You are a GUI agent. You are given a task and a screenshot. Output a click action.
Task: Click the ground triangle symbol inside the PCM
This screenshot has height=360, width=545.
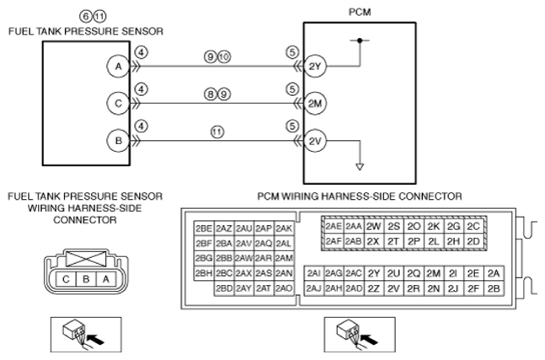coord(360,167)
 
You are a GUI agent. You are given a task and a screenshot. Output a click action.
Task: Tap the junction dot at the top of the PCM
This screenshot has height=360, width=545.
coord(360,40)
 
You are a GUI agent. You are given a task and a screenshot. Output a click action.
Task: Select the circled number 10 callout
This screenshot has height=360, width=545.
coord(224,56)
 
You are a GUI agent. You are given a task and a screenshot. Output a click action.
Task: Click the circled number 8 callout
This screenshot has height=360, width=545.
coord(211,94)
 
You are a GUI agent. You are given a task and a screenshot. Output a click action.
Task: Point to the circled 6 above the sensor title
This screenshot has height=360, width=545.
coord(86,16)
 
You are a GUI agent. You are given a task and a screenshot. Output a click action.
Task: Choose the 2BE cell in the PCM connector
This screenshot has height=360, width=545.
coord(204,228)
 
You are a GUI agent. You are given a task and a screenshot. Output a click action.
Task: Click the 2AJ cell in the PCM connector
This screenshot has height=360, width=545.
coord(314,288)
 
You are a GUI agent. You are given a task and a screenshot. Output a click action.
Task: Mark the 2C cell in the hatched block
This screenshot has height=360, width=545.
coord(473,227)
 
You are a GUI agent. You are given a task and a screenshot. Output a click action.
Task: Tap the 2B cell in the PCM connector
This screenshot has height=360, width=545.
coord(494,288)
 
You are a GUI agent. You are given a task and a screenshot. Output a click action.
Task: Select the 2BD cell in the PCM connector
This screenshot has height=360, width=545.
coord(224,288)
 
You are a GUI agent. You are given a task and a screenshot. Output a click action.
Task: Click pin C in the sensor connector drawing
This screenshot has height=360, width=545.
coord(66,279)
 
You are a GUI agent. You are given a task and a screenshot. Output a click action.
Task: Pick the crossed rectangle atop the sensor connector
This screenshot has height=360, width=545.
coord(86,259)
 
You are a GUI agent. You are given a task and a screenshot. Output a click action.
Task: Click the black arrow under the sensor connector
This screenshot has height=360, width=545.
coord(95,338)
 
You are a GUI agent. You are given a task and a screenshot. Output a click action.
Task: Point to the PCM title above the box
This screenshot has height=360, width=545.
coord(360,12)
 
